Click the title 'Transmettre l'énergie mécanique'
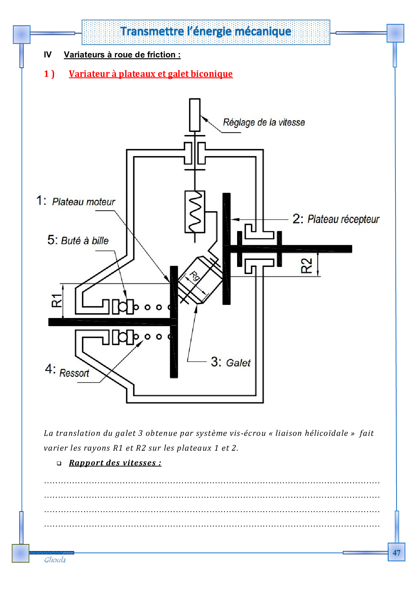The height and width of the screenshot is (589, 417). click(x=206, y=31)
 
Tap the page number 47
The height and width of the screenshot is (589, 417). click(x=396, y=553)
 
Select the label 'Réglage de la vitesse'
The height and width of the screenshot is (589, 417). click(x=264, y=123)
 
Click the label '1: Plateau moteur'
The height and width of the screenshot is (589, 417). click(x=76, y=201)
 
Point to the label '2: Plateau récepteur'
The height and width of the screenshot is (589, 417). click(x=336, y=219)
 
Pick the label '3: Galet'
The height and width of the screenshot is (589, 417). click(x=231, y=362)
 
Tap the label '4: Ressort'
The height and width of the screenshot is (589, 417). click(x=67, y=371)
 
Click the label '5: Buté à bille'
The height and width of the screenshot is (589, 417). click(x=78, y=240)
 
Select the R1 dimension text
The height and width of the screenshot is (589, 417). click(x=57, y=300)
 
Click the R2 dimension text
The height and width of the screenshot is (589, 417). click(x=307, y=266)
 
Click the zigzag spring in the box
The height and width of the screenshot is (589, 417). click(x=195, y=212)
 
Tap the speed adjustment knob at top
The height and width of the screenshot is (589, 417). click(x=195, y=115)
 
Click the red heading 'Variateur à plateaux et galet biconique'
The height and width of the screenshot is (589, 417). click(x=151, y=74)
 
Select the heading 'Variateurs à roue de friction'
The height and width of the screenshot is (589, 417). click(x=122, y=55)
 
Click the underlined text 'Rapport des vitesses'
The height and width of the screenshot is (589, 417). click(x=115, y=463)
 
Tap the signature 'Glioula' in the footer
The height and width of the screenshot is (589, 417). click(x=55, y=560)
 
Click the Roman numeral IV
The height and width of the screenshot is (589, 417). click(x=48, y=55)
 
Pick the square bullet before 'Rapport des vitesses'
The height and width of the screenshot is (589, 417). click(x=59, y=463)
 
